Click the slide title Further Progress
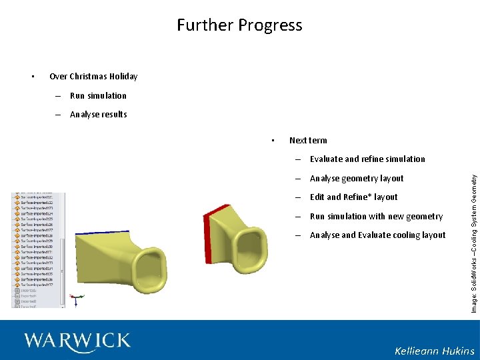click(239, 25)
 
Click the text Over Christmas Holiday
click(93, 76)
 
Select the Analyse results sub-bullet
click(98, 114)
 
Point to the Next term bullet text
click(308, 140)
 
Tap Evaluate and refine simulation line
click(367, 159)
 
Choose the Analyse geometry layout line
click(357, 178)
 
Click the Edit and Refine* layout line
click(353, 197)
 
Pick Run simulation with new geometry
click(376, 216)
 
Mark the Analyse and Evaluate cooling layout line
click(377, 235)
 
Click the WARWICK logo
click(77, 341)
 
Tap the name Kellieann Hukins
click(434, 351)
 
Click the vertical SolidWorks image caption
click(473, 239)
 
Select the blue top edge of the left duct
click(100, 233)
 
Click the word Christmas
click(90, 76)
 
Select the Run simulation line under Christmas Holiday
click(98, 95)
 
